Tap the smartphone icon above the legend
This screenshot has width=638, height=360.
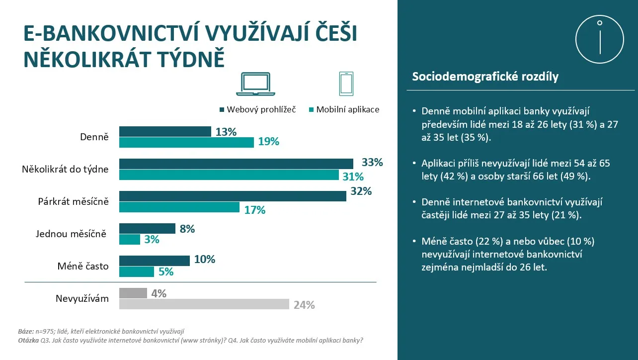tap(346, 84)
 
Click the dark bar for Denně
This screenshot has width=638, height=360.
tap(165, 131)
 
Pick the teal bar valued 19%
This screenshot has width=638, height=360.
tap(186, 142)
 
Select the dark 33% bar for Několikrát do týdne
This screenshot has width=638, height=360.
tap(236, 164)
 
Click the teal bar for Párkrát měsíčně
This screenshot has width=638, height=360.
tap(179, 207)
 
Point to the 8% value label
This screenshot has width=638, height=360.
tap(187, 229)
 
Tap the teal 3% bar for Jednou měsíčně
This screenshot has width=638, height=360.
tap(130, 240)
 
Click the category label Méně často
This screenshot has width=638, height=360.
tap(83, 266)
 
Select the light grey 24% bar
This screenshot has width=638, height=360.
tap(204, 304)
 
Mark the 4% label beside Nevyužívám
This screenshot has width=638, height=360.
tap(159, 294)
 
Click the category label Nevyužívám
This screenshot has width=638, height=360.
tap(82, 298)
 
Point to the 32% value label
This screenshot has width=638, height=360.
tap(361, 191)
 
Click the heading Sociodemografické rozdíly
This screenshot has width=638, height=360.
tap(485, 77)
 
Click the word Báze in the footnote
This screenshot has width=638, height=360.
tap(25, 331)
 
